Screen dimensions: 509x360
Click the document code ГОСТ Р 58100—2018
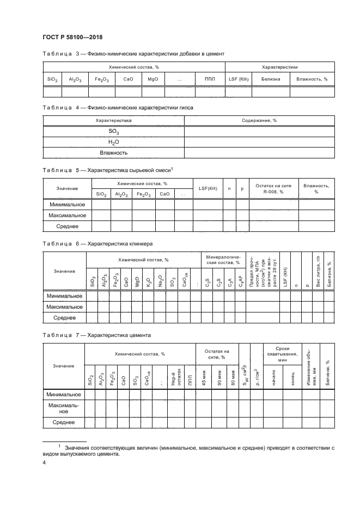pyautogui.click(x=72, y=37)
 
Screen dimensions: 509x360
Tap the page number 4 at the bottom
pyautogui.click(x=44, y=463)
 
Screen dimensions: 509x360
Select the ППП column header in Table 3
pyautogui.click(x=210, y=79)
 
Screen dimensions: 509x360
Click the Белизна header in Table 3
pyautogui.click(x=270, y=79)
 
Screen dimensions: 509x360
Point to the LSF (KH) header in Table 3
pyautogui.click(x=238, y=79)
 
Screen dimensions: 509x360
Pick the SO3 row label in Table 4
pyautogui.click(x=113, y=132)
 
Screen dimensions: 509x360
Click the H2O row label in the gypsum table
pyautogui.click(x=113, y=142)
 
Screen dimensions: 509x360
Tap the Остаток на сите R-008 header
pyautogui.click(x=273, y=188)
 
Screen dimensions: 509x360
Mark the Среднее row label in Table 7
pyautogui.click(x=63, y=422)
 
